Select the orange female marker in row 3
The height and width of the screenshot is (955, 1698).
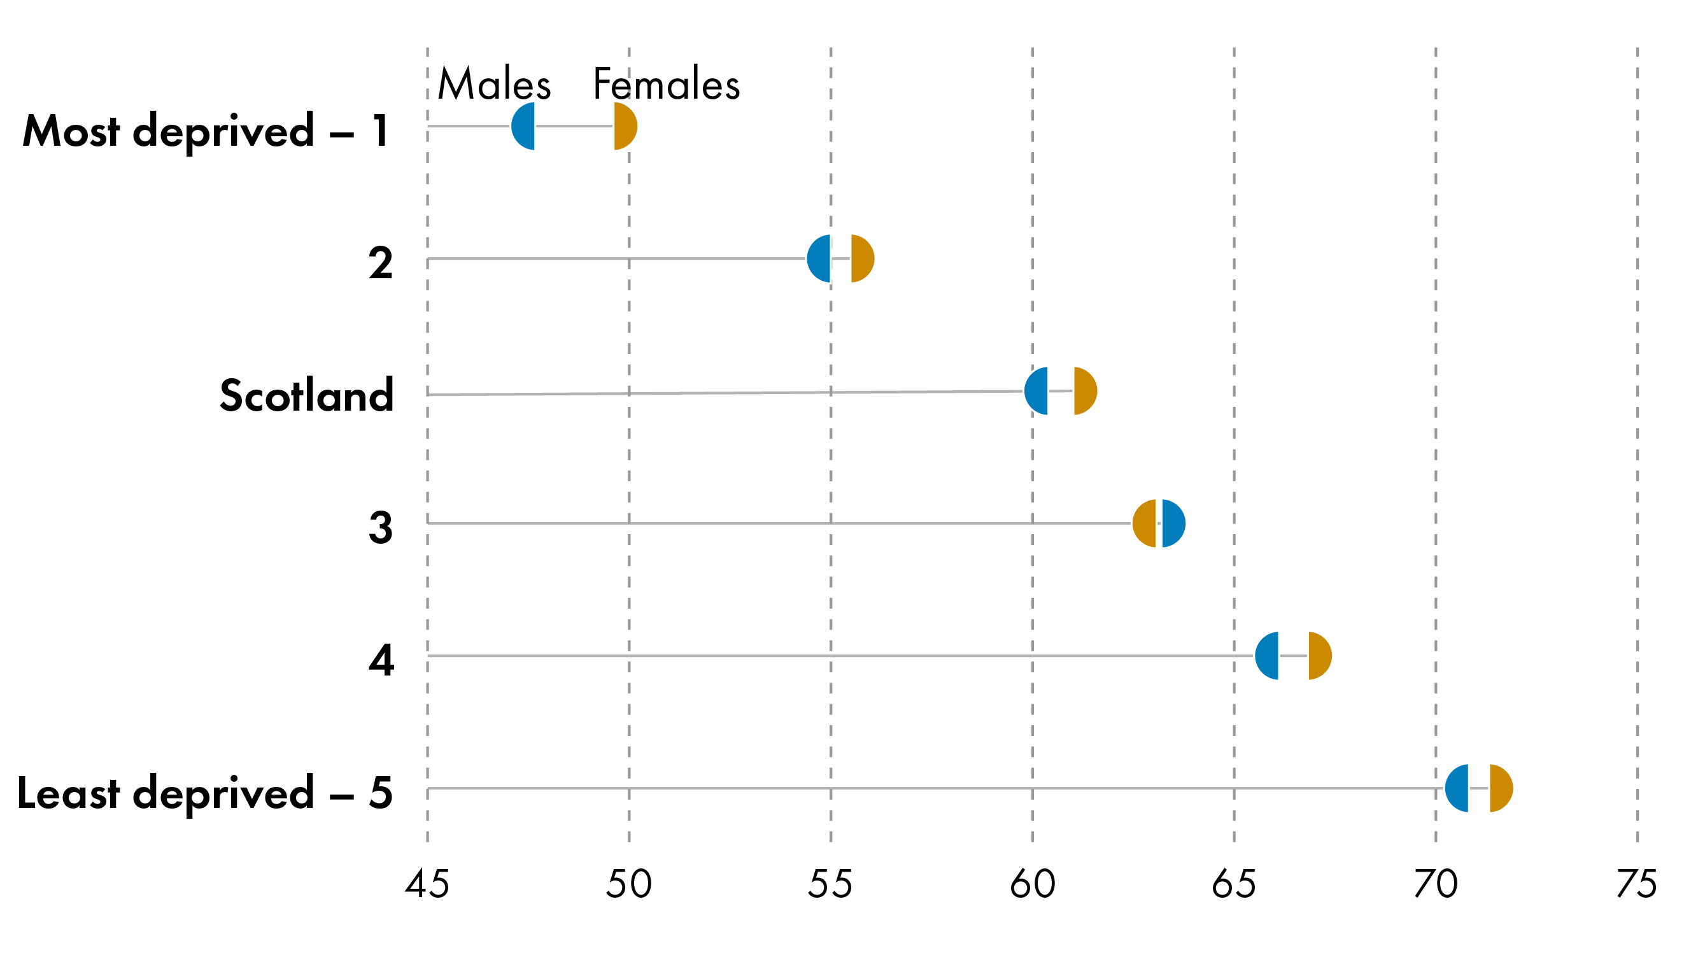pos(1145,523)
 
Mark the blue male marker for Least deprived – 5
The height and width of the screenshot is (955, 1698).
pos(1458,788)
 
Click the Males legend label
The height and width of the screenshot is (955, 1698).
pos(493,85)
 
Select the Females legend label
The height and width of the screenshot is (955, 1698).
pos(666,85)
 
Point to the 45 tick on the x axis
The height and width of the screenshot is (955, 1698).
pos(427,884)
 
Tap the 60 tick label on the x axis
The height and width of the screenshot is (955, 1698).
pos(1032,884)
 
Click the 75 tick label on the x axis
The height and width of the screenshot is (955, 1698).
pos(1637,884)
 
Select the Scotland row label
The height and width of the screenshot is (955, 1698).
pos(306,395)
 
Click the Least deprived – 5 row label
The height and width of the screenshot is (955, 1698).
pos(204,793)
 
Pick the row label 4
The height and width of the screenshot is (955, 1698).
pos(381,660)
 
